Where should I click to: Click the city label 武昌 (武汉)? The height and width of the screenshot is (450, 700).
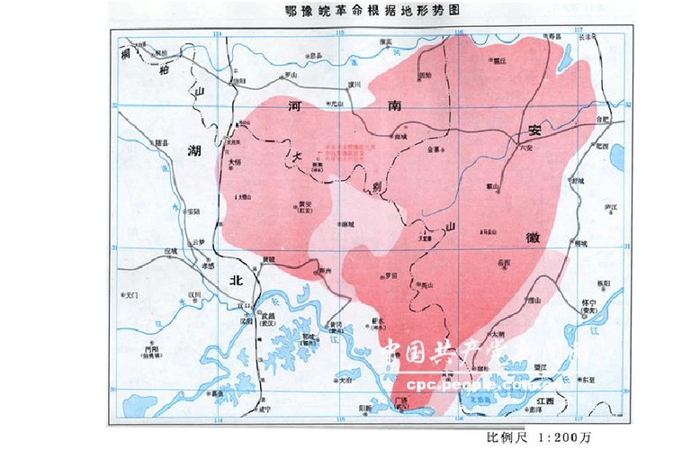coord(266,319)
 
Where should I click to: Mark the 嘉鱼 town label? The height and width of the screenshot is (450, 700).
coord(216,393)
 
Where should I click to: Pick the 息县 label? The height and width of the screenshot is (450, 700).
coord(315,57)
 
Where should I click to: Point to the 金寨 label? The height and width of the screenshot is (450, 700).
coord(435,148)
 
